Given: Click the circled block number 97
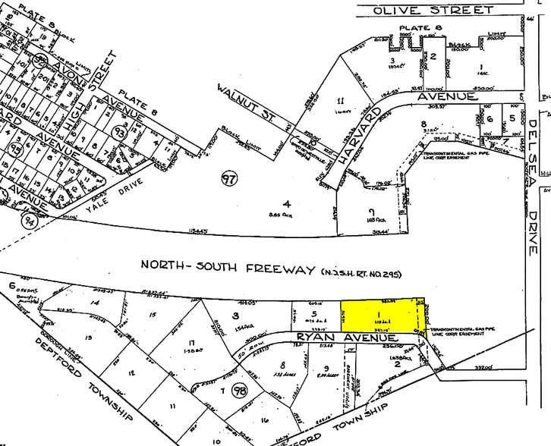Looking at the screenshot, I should point(228,180).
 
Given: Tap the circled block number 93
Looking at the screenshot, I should point(120,132).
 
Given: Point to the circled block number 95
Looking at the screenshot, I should point(13,149).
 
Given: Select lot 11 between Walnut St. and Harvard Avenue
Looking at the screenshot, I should point(342,100).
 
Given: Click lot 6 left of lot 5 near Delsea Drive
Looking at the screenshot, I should point(490,118).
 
